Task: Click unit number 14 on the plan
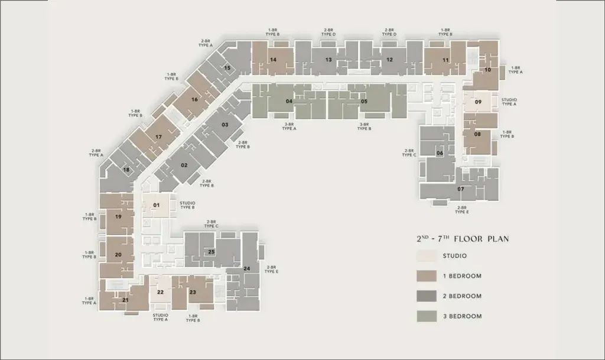pos(273,60)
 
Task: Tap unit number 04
pos(289,102)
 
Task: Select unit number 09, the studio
pos(478,102)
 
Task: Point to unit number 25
pos(212,252)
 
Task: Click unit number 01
pos(156,205)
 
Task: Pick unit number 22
pos(160,292)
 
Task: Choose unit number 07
pos(461,189)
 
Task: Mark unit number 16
pos(194,99)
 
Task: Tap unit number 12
pos(390,60)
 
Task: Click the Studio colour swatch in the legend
pos(427,256)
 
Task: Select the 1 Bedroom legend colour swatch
pos(427,276)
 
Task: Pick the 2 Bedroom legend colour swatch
pos(427,296)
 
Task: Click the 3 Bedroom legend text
pos(462,316)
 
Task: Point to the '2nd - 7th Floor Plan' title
pos(463,239)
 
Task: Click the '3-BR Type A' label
pos(289,126)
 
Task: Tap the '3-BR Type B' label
pos(364,126)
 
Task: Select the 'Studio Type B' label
pos(187,205)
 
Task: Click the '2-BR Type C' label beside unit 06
pos(409,153)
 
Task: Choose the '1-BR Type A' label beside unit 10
pos(515,70)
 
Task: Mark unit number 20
pos(118,255)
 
